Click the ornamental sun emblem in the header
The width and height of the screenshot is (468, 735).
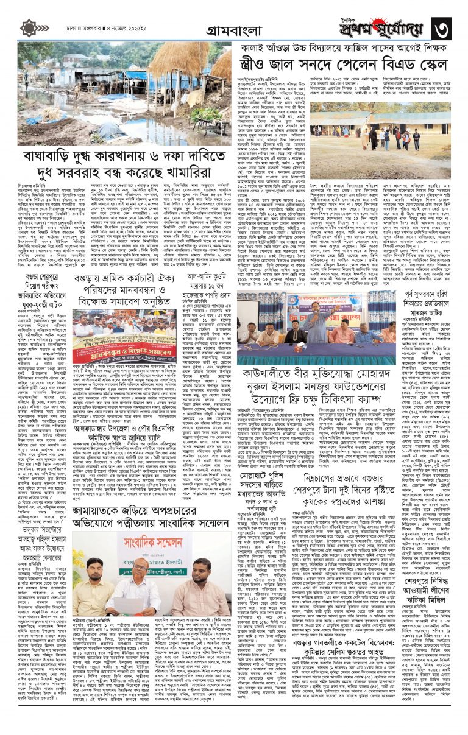pos(29,28)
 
